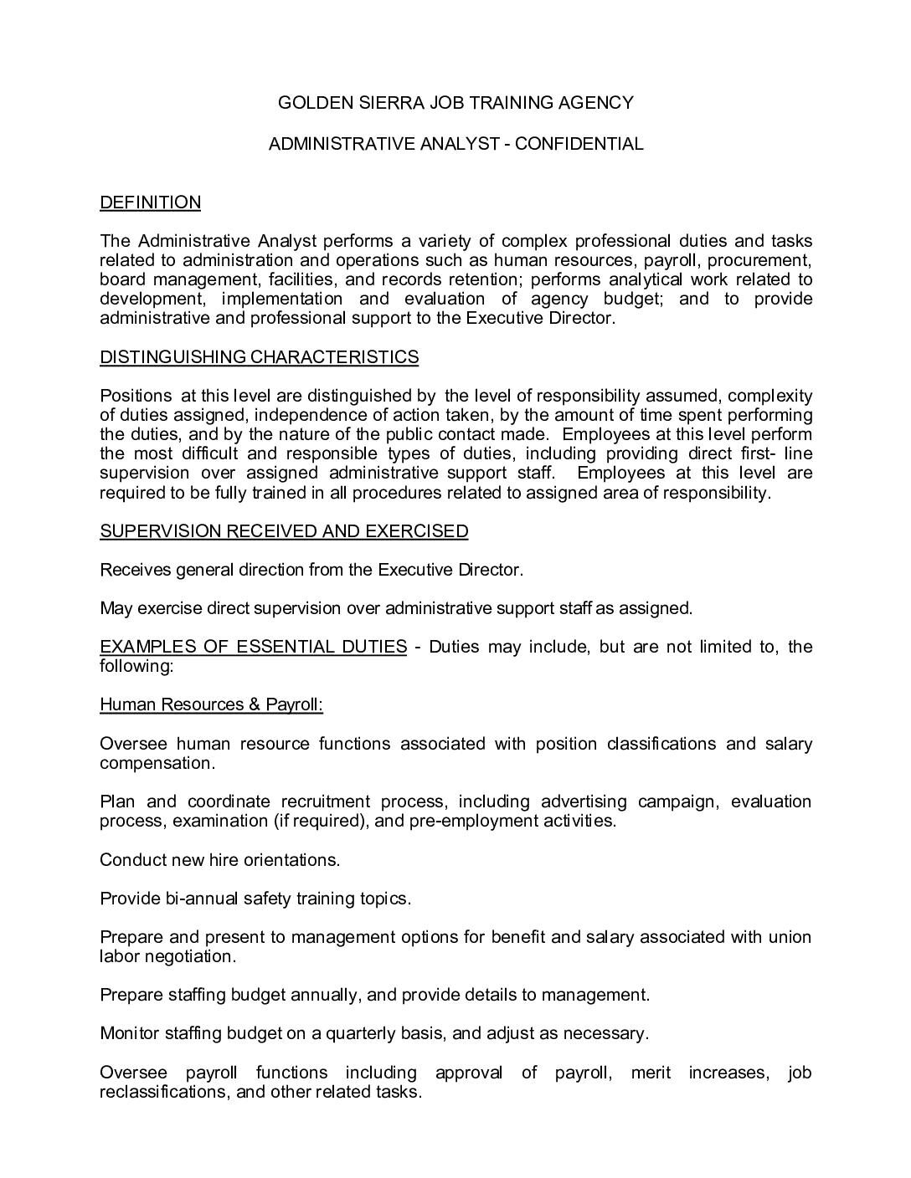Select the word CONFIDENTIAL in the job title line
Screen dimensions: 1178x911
[579, 144]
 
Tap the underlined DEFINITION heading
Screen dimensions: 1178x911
[150, 202]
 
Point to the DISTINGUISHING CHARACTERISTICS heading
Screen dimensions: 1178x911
[259, 357]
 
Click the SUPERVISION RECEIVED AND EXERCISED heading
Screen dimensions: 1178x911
[284, 531]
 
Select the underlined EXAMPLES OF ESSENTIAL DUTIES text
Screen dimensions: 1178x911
[253, 647]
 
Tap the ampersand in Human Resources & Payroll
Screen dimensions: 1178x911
[254, 704]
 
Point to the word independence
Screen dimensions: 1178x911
[311, 415]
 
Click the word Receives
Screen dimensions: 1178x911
[135, 570]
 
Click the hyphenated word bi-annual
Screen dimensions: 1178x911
[201, 899]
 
